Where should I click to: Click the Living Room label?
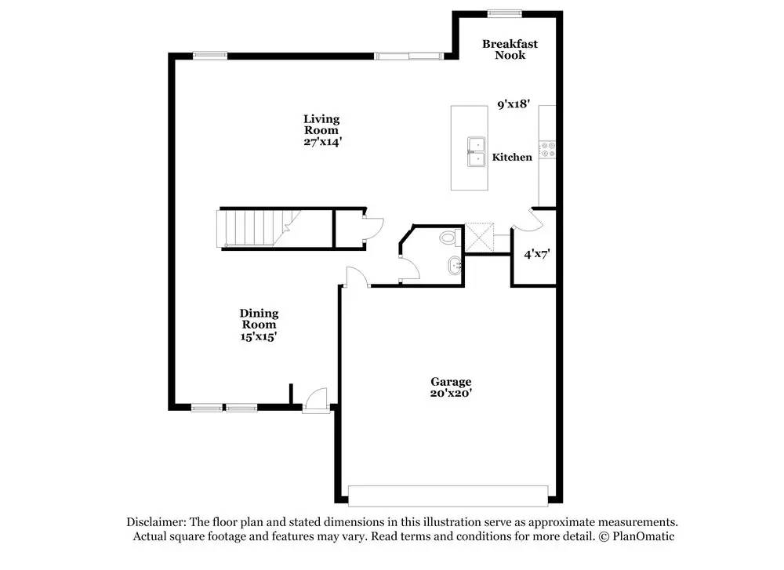click(321, 124)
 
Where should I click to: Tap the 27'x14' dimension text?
click(322, 143)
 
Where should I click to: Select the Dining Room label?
click(259, 318)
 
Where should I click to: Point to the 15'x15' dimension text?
click(259, 336)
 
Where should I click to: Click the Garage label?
click(450, 381)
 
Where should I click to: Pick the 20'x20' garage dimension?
click(450, 393)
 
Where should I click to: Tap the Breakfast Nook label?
click(510, 49)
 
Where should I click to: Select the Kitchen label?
click(512, 158)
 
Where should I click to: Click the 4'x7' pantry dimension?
click(537, 254)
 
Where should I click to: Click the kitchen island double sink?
click(476, 152)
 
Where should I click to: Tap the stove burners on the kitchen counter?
click(547, 150)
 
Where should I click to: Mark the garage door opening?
click(448, 496)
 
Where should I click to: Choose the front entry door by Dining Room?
click(316, 401)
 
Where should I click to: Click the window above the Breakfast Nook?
click(504, 13)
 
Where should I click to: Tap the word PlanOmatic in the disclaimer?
click(643, 537)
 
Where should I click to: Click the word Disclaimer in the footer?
click(155, 522)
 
